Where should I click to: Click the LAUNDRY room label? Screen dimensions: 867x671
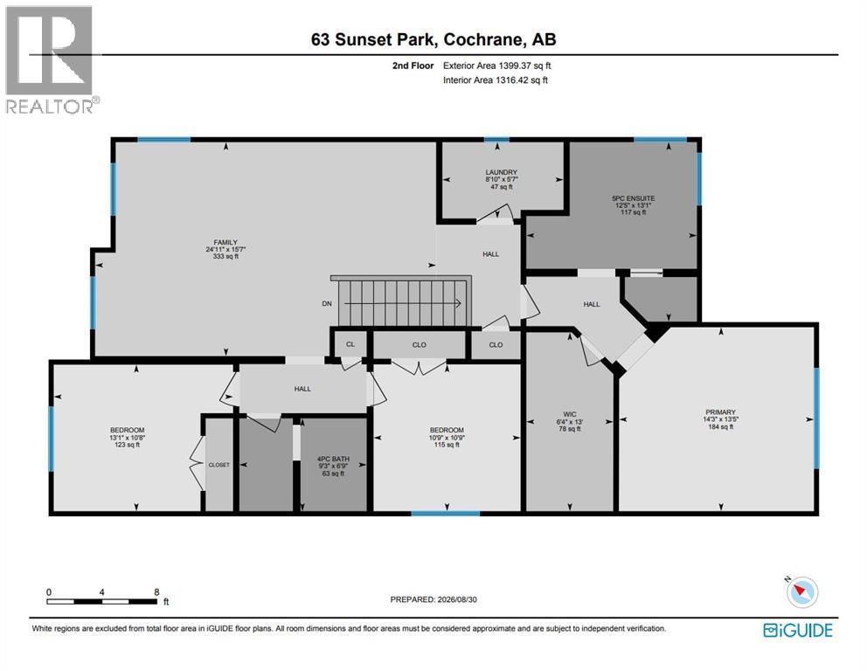coord(502,172)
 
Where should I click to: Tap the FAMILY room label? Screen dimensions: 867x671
coord(225,242)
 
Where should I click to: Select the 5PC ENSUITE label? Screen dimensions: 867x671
coord(633,197)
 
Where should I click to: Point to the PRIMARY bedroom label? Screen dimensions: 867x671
coord(720,412)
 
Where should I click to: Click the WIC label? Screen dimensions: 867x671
coord(570,414)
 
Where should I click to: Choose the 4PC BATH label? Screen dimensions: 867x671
coord(333,459)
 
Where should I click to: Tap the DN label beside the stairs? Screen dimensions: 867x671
coord(327,303)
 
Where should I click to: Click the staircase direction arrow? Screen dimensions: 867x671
coord(403,303)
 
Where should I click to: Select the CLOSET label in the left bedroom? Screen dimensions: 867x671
coord(219,465)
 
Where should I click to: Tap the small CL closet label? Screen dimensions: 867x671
coord(350,343)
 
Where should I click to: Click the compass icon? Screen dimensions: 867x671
coord(801,592)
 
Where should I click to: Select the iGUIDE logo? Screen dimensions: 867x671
coord(798,630)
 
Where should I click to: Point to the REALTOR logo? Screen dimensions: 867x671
coord(52,59)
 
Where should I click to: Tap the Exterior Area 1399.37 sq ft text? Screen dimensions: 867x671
coord(497,66)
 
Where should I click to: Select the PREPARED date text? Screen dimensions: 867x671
coord(433,599)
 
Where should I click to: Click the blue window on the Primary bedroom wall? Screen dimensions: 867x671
coord(816,419)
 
